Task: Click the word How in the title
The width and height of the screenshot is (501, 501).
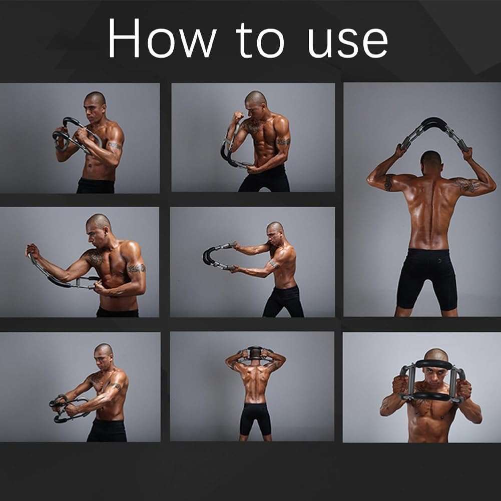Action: tap(161, 40)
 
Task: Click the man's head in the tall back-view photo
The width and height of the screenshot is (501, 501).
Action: tap(430, 161)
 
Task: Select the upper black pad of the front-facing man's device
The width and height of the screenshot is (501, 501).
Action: tap(433, 364)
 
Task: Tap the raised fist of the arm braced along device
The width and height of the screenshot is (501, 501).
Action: tap(33, 250)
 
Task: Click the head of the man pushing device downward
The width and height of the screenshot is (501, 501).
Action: tap(103, 352)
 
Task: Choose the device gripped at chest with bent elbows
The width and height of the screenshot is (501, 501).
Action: tap(75, 135)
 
